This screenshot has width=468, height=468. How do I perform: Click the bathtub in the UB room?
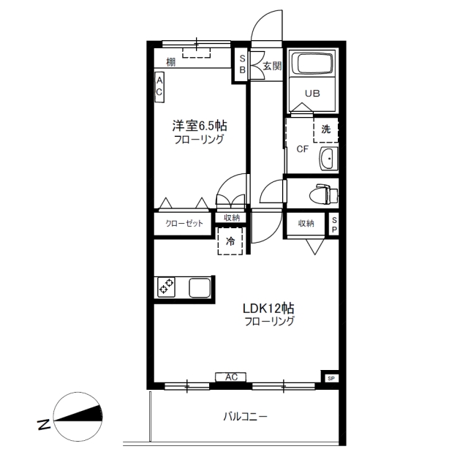(312, 63)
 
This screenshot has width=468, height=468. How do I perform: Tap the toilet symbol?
(324, 194)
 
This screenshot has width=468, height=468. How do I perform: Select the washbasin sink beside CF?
(328, 159)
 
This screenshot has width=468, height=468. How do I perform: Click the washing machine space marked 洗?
(325, 130)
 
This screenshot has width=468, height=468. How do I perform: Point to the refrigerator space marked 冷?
(230, 241)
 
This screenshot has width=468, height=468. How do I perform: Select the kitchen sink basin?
(200, 287)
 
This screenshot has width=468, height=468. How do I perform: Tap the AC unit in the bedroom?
(159, 87)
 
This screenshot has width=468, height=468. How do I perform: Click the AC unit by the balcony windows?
(231, 377)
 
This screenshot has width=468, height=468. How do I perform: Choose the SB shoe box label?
(242, 64)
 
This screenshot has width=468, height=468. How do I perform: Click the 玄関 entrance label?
(272, 66)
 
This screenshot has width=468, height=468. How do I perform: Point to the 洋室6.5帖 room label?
(200, 126)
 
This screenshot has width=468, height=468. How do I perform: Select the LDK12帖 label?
(268, 308)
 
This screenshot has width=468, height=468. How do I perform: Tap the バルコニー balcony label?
(246, 416)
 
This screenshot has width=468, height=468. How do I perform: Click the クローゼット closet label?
(184, 223)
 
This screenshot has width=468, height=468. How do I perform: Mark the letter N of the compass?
(44, 425)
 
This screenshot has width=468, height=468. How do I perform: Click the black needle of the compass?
(78, 414)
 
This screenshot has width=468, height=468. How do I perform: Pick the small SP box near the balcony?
(331, 379)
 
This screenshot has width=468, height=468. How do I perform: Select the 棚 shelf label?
(170, 62)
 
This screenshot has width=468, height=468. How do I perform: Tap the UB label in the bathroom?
(312, 94)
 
